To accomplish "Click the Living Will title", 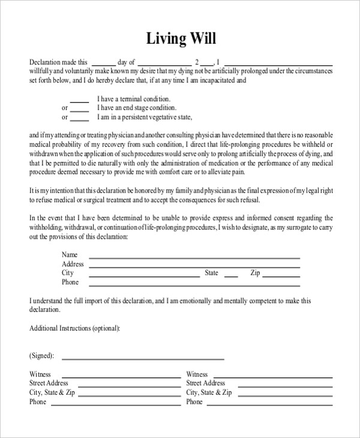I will tap(181, 39).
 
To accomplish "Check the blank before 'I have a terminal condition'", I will tap(79, 101).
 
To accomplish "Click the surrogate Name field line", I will tap(194, 257).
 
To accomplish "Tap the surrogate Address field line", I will tap(194, 266).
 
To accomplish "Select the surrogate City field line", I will tap(144, 275).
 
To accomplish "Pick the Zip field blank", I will tap(281, 275).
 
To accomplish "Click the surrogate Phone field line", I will tap(194, 284).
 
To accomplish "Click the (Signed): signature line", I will tap(143, 358).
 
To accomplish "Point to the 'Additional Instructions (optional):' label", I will tap(74, 328).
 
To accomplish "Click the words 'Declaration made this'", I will tap(58, 61).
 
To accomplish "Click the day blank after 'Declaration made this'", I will tap(104, 64).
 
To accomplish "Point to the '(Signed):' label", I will tap(41, 356).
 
